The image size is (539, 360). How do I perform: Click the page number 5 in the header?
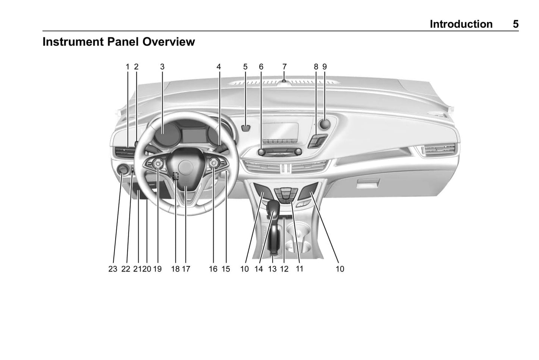516,24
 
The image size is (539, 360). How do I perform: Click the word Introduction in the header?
461,24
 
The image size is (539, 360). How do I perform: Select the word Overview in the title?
169,42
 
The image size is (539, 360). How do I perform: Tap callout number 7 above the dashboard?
284,67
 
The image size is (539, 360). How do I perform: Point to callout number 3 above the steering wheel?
162,67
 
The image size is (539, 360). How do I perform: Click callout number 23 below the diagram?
113,269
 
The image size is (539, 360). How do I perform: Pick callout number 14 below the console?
258,269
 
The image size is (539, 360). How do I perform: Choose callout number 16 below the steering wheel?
213,269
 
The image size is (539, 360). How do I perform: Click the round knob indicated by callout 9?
325,124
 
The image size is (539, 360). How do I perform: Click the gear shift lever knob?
273,206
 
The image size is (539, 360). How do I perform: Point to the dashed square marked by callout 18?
176,176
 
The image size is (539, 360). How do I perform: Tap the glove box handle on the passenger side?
368,184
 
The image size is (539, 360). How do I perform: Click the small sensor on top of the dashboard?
284,81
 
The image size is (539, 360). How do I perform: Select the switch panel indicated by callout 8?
318,141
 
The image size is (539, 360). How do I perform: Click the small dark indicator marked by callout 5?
245,128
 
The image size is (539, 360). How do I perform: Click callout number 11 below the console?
299,269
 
